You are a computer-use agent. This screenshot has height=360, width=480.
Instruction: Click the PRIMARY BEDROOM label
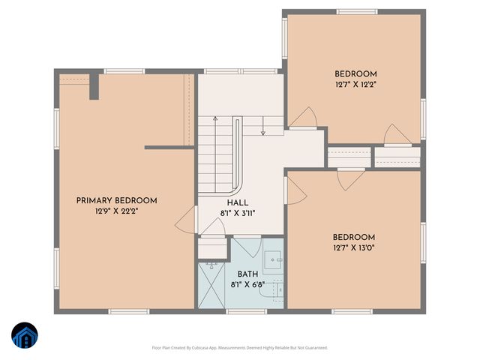pyautogui.click(x=117, y=200)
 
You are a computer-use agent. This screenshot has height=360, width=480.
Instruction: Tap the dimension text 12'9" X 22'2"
pyautogui.click(x=117, y=211)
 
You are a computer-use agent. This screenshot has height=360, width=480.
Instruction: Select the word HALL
pyautogui.click(x=238, y=202)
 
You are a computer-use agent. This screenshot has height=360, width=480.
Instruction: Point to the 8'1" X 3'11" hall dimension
pyautogui.click(x=238, y=213)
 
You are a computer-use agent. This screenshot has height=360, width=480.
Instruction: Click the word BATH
pyautogui.click(x=247, y=274)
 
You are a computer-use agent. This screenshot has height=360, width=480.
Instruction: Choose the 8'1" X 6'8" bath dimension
pyautogui.click(x=247, y=286)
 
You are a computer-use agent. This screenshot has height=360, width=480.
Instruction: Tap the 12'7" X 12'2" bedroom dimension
pyautogui.click(x=355, y=85)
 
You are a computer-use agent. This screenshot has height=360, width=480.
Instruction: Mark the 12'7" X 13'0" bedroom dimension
pyautogui.click(x=354, y=247)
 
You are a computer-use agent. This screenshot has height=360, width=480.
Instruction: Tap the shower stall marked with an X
pyautogui.click(x=212, y=285)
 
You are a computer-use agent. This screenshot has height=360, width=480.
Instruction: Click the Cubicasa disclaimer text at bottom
pyautogui.click(x=239, y=347)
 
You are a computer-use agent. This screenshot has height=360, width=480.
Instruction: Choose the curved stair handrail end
pyautogui.click(x=240, y=187)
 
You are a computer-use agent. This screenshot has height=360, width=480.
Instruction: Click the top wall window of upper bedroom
pyautogui.click(x=356, y=11)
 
